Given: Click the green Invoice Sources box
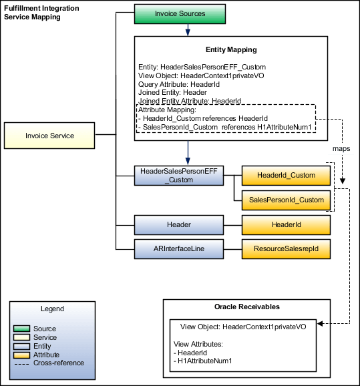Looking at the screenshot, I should [180, 13].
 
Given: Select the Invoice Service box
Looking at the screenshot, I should [49, 136].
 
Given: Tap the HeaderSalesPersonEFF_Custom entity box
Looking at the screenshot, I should [178, 176].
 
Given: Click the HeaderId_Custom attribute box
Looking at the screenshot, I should [285, 175].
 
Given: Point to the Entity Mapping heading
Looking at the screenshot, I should [230, 50].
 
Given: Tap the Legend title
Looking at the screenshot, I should [53, 309].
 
